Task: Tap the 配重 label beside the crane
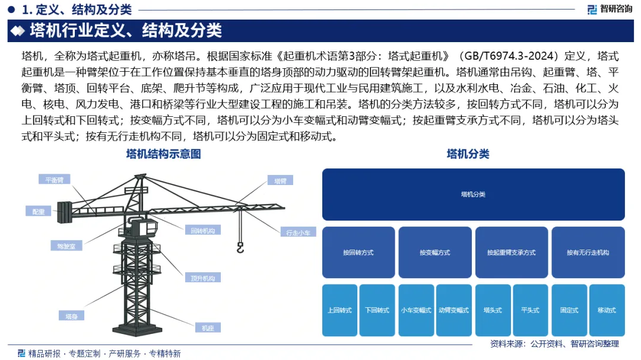pos(39,211)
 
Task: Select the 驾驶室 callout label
pos(66,245)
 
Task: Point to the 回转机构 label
pos(203,230)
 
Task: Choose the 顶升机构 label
pos(203,278)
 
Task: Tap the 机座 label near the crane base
pos(208,327)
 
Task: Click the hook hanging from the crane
pos(240,248)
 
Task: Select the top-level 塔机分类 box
pos(473,195)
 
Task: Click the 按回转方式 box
pos(358,253)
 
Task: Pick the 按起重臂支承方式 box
pos(511,253)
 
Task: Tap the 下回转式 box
pos(377,310)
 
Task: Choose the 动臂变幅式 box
pos(453,310)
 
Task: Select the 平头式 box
pos(530,310)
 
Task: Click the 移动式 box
pos(607,310)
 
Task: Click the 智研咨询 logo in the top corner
pos(610,8)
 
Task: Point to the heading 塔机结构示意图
pos(164,154)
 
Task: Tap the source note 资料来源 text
pos(554,343)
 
